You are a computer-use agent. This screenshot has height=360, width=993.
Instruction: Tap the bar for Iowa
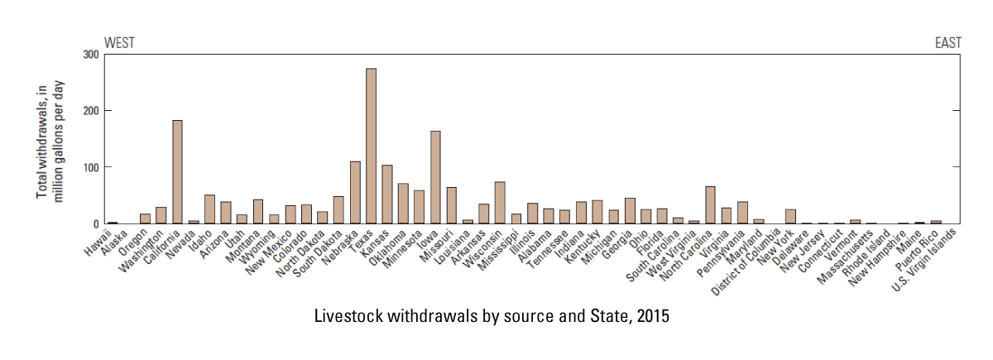point(435,178)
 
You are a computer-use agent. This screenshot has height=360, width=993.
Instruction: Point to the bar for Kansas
point(387,194)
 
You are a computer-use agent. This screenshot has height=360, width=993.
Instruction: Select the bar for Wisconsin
point(500,203)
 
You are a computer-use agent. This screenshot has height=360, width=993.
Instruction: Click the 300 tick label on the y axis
point(90,55)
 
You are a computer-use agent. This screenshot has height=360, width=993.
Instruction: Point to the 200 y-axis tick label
point(90,111)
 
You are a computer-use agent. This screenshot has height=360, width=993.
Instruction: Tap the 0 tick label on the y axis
point(95,224)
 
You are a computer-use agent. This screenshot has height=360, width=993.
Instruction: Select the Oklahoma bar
point(403,204)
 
